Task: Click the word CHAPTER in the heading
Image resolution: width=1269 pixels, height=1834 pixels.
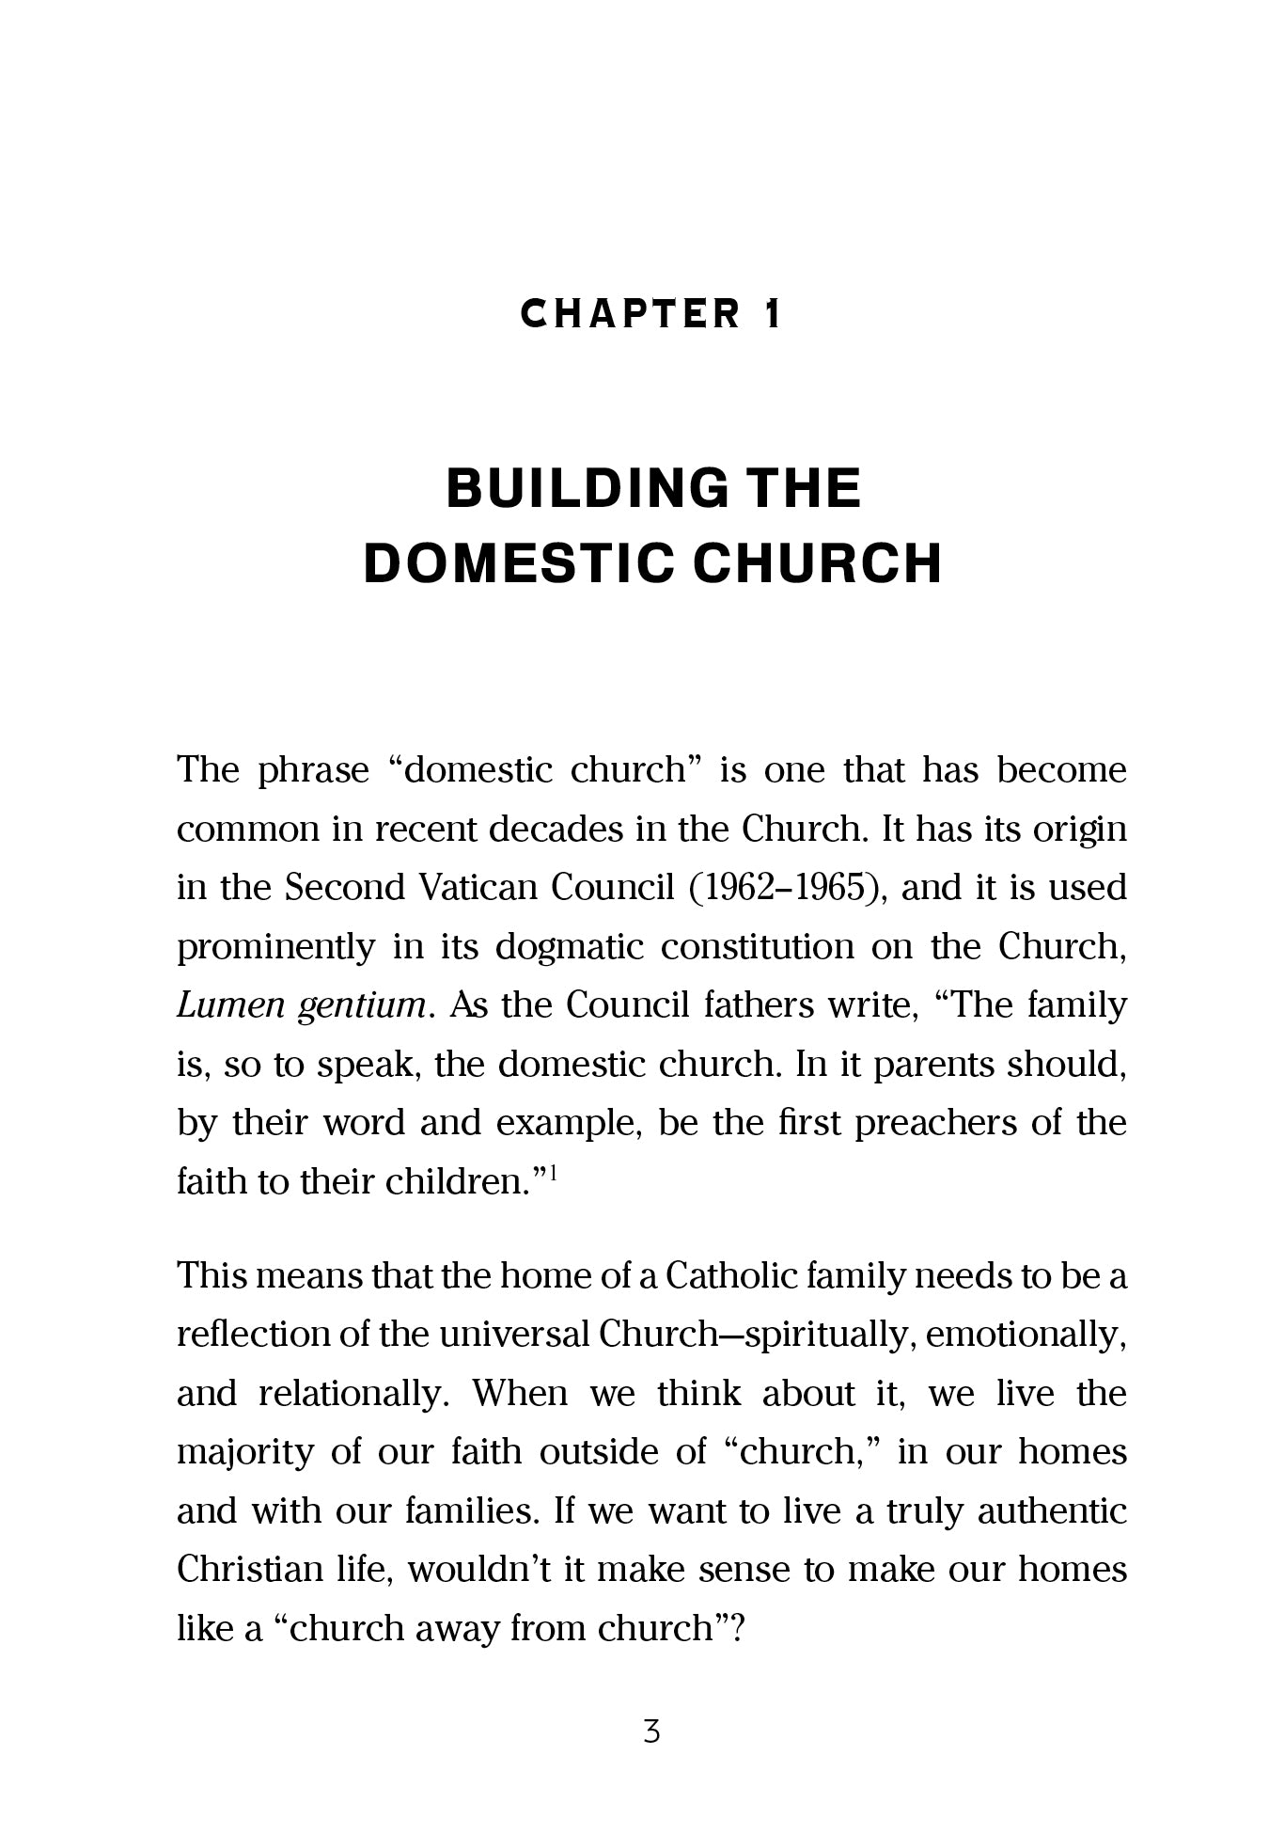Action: coord(631,314)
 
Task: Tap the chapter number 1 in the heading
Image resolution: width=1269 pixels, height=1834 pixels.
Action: coord(772,314)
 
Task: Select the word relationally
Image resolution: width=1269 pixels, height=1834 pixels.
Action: coord(350,1394)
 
